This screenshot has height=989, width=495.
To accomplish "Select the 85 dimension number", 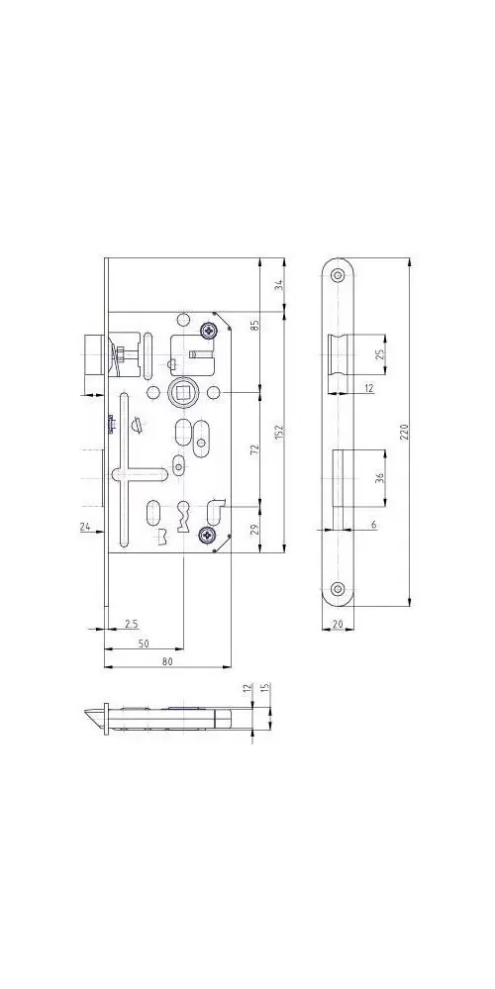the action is (255, 327).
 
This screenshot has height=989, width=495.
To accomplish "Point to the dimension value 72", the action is (255, 449).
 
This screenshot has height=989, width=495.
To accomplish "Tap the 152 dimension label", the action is (280, 432).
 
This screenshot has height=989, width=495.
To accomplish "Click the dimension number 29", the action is (255, 530).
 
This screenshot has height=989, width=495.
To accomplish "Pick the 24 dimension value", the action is (85, 527).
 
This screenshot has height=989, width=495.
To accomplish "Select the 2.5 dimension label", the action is (131, 624).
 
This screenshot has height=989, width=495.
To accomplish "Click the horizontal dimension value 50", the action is (144, 643).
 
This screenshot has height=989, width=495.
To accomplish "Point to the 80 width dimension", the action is (167, 661).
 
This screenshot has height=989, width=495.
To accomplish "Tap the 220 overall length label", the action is (406, 432).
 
